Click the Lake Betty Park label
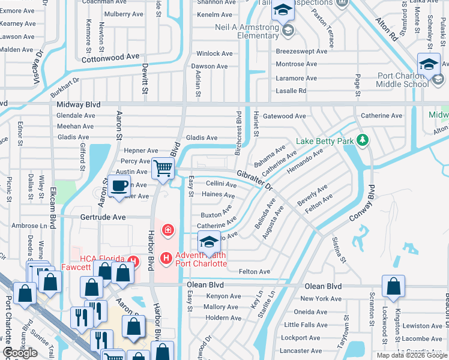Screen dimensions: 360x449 [x=325, y=142]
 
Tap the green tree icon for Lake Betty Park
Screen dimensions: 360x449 [x=362, y=141]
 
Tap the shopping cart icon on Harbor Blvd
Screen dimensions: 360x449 [x=162, y=169]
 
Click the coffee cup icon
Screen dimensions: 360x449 [x=119, y=186]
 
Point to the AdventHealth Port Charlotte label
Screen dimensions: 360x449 [x=201, y=259]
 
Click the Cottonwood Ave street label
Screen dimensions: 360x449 [x=110, y=57]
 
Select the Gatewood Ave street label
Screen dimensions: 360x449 [x=284, y=116]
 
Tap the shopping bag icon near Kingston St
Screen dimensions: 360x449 [x=393, y=287]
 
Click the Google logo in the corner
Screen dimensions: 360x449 [x=20, y=353]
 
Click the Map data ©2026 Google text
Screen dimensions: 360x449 [x=412, y=355]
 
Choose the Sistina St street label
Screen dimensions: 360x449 [x=339, y=250]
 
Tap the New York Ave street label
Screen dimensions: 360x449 [x=321, y=299]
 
